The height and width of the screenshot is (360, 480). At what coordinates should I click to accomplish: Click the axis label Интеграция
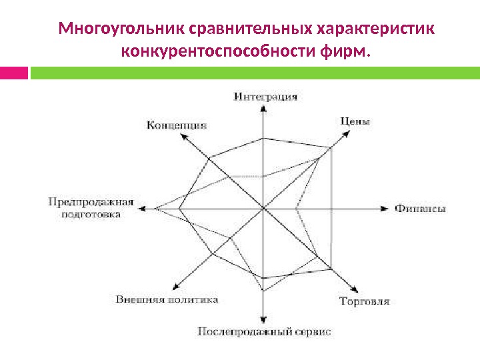pos(265,97)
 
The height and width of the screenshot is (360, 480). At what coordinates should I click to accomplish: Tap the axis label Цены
pos(355,121)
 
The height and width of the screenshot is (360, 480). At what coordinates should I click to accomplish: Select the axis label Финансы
pos(420,209)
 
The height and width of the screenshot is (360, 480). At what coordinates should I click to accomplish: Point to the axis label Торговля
pos(364,301)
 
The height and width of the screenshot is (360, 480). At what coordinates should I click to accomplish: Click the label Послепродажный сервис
pos(264,331)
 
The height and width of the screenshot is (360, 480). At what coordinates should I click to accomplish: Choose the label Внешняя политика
pos(167,299)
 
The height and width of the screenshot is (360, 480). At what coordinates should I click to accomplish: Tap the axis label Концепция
pos(176,125)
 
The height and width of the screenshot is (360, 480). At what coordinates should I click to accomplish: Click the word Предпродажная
pos(91,202)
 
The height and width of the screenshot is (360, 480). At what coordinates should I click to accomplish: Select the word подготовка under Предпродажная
pos(91,215)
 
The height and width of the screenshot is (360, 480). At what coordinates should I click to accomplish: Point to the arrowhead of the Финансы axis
pos(384,209)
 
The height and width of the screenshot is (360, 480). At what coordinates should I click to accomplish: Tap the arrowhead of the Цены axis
pos(347,132)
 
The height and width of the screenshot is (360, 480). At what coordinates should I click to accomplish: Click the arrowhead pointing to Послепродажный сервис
pos(264,319)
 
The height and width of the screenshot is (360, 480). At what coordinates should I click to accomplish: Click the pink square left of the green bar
pos(13,72)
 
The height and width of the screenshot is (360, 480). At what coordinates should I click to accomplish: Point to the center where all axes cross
pos(264,209)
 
